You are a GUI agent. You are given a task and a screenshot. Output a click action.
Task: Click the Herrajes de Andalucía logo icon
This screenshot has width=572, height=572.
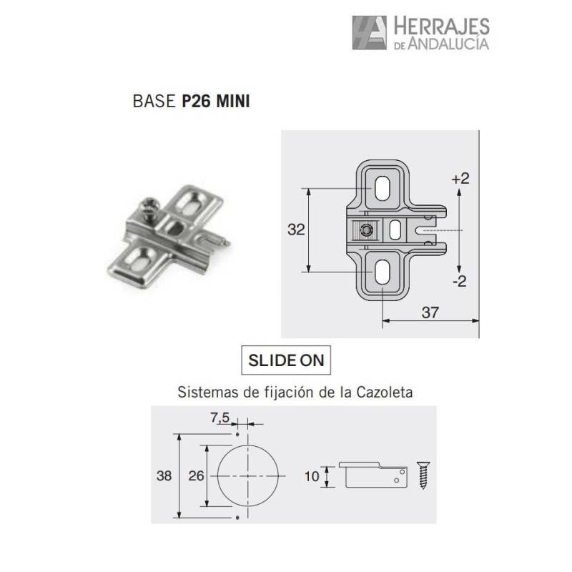coord(369,32)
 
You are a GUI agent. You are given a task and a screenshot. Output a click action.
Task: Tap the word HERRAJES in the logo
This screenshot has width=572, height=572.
coord(441,26)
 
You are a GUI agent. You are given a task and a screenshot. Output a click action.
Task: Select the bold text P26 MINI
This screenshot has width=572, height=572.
coord(216,101)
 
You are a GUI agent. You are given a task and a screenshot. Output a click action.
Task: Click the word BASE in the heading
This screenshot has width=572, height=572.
coord(154,101)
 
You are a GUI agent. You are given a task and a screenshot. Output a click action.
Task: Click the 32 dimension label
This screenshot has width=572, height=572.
coord(296,230)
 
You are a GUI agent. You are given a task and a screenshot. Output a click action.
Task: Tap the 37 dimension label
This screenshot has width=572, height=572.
coord(430,312)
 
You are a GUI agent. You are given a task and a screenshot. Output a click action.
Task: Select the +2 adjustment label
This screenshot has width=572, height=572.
coord(460,178)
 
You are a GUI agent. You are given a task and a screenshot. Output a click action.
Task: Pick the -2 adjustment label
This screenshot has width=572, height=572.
coord(460,281)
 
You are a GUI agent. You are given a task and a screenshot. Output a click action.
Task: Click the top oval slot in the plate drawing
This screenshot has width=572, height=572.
coord(382,188)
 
